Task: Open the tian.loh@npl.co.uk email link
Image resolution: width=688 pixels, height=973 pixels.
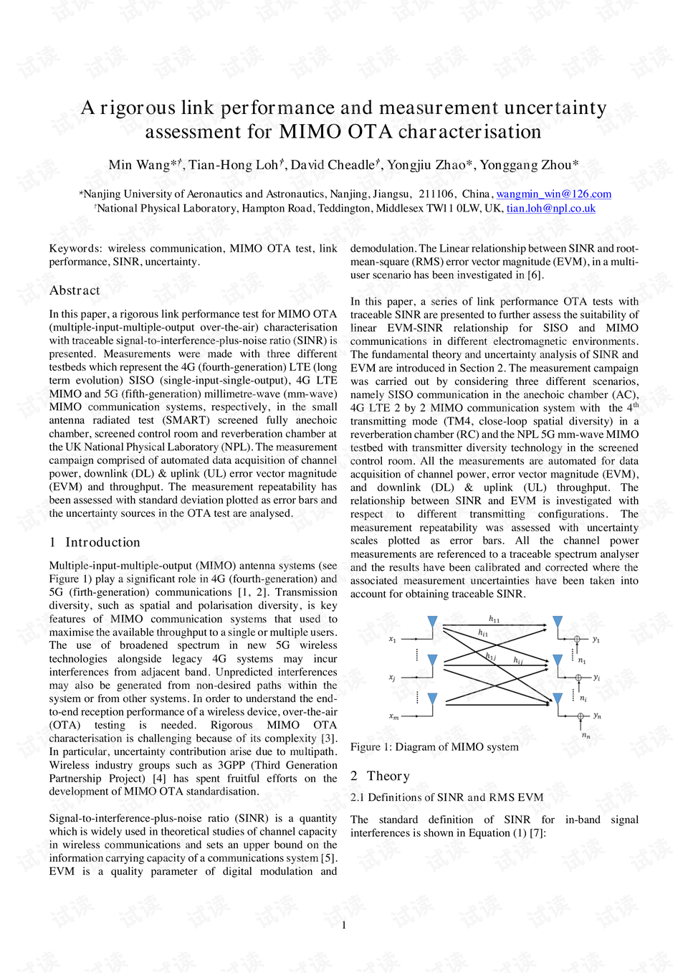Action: (550, 208)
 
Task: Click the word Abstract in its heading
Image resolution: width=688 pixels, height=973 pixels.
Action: (75, 290)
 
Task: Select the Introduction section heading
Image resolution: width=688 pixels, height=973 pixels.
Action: (102, 542)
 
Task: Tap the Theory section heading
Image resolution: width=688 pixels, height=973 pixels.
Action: (388, 776)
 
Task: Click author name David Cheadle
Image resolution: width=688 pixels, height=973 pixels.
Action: (333, 165)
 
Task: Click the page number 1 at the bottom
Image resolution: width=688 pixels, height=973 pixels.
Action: (344, 925)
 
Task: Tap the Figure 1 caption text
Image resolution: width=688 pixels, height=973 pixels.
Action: (434, 746)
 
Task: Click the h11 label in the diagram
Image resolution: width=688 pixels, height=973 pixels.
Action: (494, 619)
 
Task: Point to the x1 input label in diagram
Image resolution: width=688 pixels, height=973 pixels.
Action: (392, 639)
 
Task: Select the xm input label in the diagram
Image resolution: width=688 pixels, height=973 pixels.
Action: (393, 716)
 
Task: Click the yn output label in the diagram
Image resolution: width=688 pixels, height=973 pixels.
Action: (597, 716)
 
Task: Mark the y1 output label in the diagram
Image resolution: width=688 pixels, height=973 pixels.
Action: (596, 639)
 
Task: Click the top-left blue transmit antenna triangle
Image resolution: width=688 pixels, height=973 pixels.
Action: (432, 621)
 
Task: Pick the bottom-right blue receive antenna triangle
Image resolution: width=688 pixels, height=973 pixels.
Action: (558, 698)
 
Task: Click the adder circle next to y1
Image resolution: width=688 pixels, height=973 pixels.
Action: (577, 639)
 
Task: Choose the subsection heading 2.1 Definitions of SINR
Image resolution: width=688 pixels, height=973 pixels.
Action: (446, 797)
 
